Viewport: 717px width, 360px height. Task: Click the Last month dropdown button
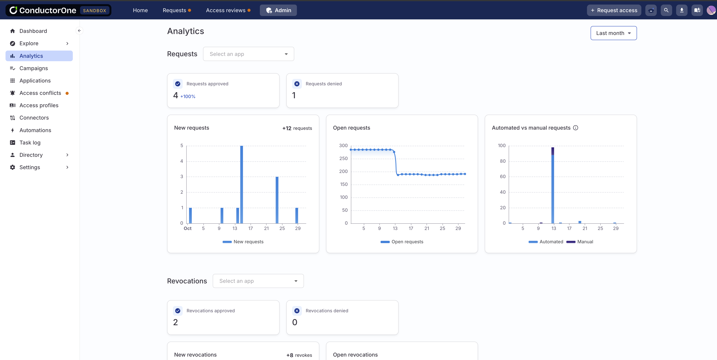point(613,33)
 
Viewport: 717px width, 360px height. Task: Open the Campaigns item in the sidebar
point(33,68)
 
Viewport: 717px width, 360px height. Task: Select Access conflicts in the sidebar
point(40,93)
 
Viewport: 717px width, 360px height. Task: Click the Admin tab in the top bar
point(278,10)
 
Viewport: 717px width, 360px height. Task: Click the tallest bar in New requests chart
point(241,184)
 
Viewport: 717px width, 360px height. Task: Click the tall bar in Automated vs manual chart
point(553,186)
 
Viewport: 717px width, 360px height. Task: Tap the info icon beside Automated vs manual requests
point(576,128)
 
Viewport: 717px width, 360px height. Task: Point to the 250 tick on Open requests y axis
point(343,158)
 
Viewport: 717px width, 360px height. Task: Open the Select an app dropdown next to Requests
point(248,54)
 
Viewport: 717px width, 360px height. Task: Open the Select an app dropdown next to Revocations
point(258,281)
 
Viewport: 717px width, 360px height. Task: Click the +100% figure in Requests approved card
point(188,97)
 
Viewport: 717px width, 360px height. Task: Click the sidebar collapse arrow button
point(79,31)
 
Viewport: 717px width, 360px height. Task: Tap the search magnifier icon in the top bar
point(666,10)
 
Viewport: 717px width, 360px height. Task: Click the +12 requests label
point(297,128)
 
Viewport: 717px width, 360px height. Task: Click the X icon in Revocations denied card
point(297,311)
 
